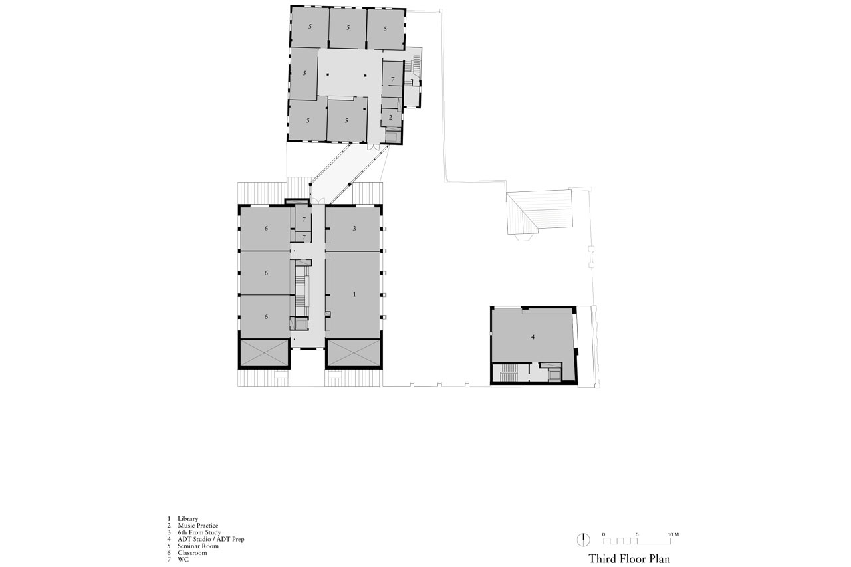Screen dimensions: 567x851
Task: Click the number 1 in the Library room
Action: pyautogui.click(x=354, y=294)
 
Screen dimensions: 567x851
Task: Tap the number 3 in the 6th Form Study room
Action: pyautogui.click(x=354, y=228)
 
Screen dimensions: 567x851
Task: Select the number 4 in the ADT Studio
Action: pyautogui.click(x=533, y=338)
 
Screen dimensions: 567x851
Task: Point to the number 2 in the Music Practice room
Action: pyautogui.click(x=391, y=117)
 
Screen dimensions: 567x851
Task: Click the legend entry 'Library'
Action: pyautogui.click(x=187, y=518)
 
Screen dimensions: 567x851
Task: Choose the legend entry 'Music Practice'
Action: pyautogui.click(x=197, y=526)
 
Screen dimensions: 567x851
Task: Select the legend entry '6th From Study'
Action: pyautogui.click(x=199, y=532)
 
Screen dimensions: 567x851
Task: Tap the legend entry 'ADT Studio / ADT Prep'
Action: pyautogui.click(x=210, y=539)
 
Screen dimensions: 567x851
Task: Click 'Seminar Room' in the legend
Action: pyautogui.click(x=197, y=546)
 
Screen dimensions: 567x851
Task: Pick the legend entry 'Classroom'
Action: pyautogui.click(x=192, y=552)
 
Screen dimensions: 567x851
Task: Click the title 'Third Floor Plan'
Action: pyautogui.click(x=624, y=558)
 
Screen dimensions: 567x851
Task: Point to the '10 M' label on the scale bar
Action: pyautogui.click(x=673, y=534)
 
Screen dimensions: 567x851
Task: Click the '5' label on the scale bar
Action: pyautogui.click(x=637, y=534)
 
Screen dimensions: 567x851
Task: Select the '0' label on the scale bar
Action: pyautogui.click(x=604, y=534)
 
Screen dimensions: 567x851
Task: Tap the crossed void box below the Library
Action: pyautogui.click(x=353, y=353)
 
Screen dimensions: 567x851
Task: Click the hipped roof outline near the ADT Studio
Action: pyautogui.click(x=539, y=211)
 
